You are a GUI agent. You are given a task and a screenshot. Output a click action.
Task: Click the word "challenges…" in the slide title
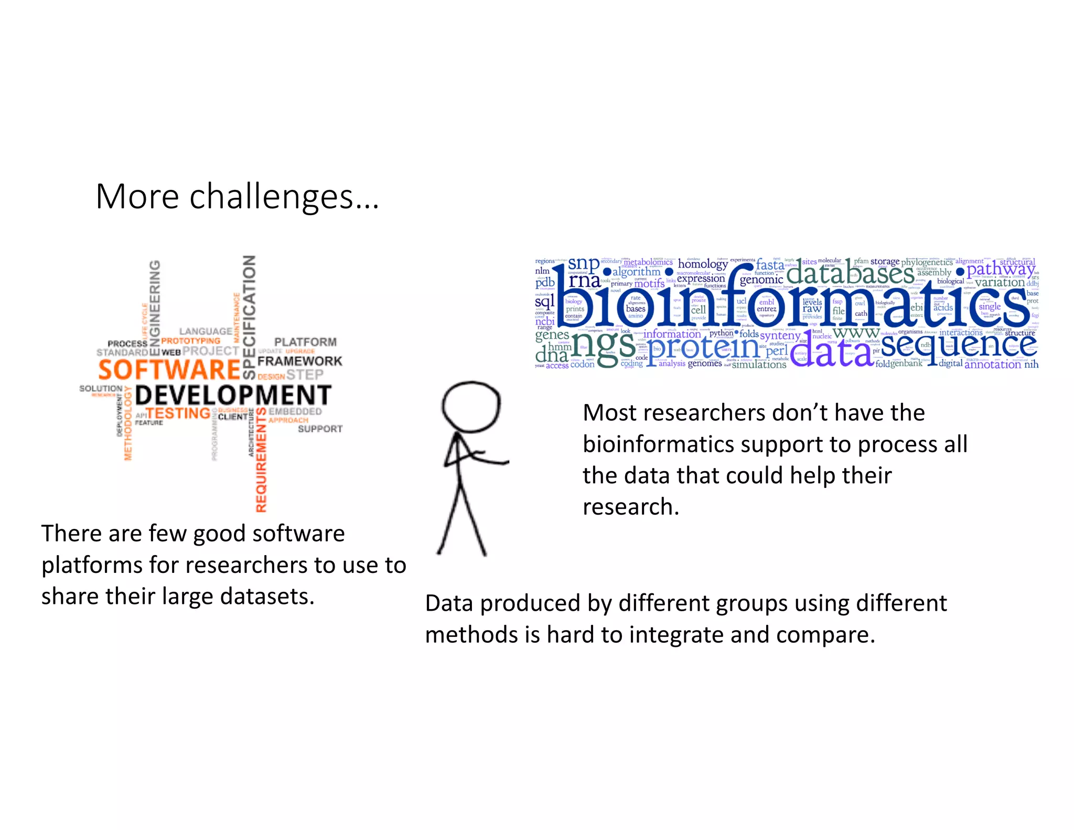pos(284,198)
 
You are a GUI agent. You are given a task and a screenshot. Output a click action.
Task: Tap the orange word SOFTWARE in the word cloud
pos(169,369)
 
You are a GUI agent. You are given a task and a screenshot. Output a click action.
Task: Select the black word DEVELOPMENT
pos(233,395)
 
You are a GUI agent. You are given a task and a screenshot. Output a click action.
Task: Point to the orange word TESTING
pos(178,413)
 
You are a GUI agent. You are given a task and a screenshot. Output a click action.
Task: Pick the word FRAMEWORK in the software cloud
pos(299,361)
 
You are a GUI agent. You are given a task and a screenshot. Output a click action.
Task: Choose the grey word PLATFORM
pos(305,342)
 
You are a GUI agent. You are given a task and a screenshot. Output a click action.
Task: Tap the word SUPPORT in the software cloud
pos(320,429)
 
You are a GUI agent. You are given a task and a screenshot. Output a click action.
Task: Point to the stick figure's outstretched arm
pos(488,458)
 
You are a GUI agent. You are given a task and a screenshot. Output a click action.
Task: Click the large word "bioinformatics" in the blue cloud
pos(792,304)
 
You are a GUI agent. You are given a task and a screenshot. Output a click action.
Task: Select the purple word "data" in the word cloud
pos(831,353)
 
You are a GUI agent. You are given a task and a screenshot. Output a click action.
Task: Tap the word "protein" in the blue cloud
pos(703,347)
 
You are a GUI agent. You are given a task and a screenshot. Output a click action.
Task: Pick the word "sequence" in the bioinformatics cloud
pos(959,345)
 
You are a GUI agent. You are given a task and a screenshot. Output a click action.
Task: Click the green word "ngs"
pos(603,345)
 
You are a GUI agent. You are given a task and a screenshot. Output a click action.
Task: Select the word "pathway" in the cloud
pos(1001,269)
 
